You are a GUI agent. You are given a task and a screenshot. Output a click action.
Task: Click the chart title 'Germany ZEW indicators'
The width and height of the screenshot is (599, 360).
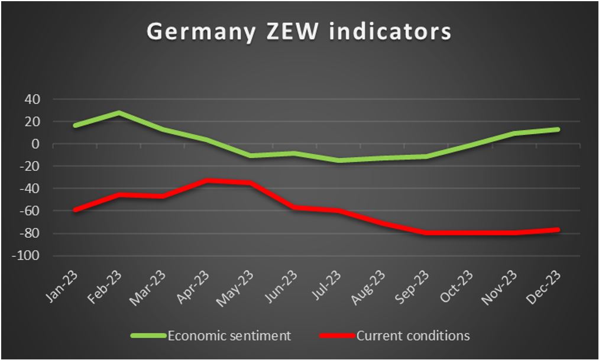(299, 31)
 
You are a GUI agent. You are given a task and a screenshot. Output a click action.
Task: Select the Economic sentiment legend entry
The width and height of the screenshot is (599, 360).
(229, 336)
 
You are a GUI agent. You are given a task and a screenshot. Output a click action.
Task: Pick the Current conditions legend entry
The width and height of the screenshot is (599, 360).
(413, 336)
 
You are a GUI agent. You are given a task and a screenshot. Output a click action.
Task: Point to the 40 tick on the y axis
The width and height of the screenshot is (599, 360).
(32, 99)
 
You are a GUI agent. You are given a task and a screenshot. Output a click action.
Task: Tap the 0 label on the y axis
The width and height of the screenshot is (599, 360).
(36, 144)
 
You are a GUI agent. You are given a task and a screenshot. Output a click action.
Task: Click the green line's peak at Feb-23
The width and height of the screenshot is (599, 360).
(119, 112)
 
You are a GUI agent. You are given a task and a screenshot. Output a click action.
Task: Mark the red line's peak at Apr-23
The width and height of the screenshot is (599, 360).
(207, 180)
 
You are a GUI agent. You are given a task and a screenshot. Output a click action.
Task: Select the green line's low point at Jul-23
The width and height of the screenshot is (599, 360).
(338, 160)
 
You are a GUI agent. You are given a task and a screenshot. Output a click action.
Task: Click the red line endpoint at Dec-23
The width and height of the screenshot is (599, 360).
(557, 230)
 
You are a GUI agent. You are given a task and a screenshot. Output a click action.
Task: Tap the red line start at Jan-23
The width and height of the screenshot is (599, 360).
(75, 210)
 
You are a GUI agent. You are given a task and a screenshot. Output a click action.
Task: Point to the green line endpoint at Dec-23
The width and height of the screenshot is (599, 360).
(557, 129)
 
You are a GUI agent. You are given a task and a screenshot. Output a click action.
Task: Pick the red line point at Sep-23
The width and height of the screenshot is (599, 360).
(426, 233)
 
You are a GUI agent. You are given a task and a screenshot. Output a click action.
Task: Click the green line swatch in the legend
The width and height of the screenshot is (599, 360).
(148, 336)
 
